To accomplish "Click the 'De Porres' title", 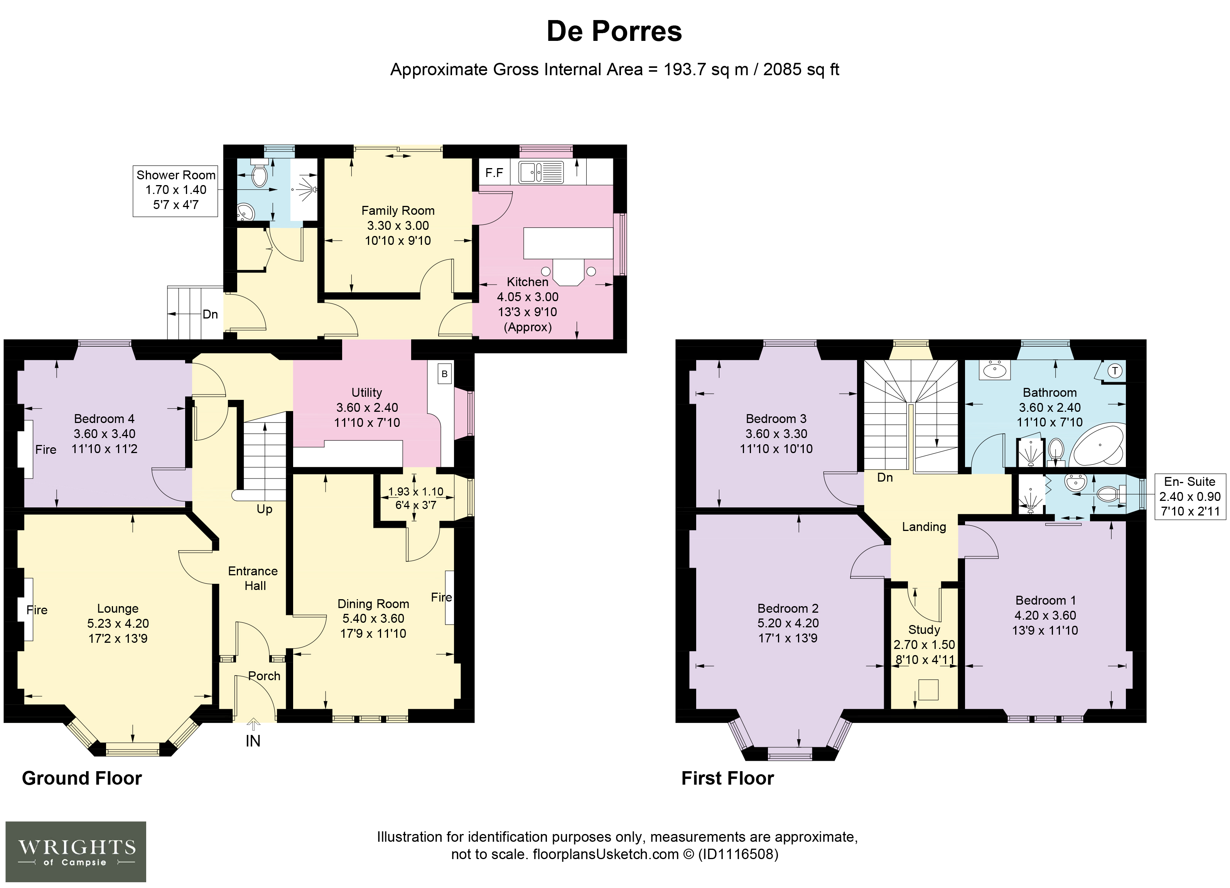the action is (x=614, y=32).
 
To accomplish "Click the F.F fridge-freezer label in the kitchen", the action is (x=494, y=173).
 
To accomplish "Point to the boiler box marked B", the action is (x=445, y=374).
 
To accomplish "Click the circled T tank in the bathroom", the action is (x=1115, y=371).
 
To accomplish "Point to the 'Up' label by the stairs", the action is (x=264, y=509).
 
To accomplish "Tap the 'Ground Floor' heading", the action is (x=82, y=778).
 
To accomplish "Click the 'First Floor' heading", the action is (x=727, y=778).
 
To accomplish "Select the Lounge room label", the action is (x=118, y=609).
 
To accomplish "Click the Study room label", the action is (x=924, y=630).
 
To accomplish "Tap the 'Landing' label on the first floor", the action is (x=924, y=527).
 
